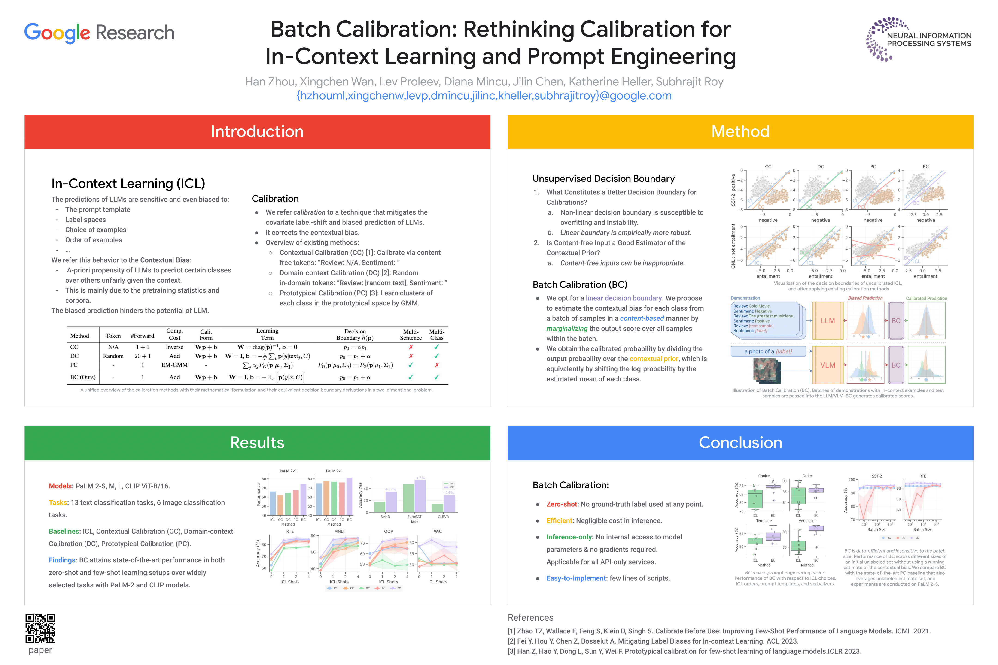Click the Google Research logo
(99, 33)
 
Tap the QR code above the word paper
(40, 628)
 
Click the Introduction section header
(257, 131)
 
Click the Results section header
(257, 443)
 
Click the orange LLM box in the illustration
(828, 321)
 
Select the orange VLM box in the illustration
(828, 365)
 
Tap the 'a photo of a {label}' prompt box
(768, 351)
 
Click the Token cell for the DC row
(113, 356)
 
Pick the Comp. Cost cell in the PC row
(174, 365)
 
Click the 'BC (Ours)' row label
(83, 377)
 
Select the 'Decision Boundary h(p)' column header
(355, 335)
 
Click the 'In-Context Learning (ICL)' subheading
(128, 184)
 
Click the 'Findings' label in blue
(62, 560)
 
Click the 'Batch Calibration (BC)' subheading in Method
(580, 284)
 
